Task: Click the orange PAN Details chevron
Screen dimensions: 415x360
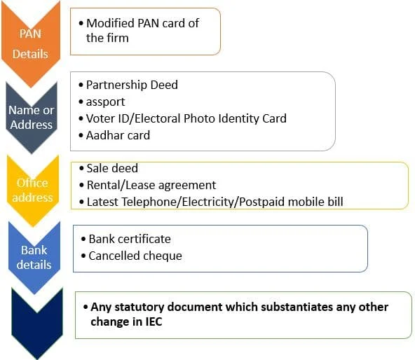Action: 31,43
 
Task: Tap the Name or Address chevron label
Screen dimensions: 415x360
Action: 32,117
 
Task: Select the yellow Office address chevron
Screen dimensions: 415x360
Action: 33,191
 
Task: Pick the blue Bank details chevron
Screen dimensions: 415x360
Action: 34,257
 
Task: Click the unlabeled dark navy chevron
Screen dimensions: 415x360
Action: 37,324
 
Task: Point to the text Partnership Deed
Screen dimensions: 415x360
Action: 132,85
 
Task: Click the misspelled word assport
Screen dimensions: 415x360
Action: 105,102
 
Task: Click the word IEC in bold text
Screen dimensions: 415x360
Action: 154,321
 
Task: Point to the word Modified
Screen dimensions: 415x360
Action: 110,23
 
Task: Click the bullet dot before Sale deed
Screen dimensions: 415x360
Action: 81,169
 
